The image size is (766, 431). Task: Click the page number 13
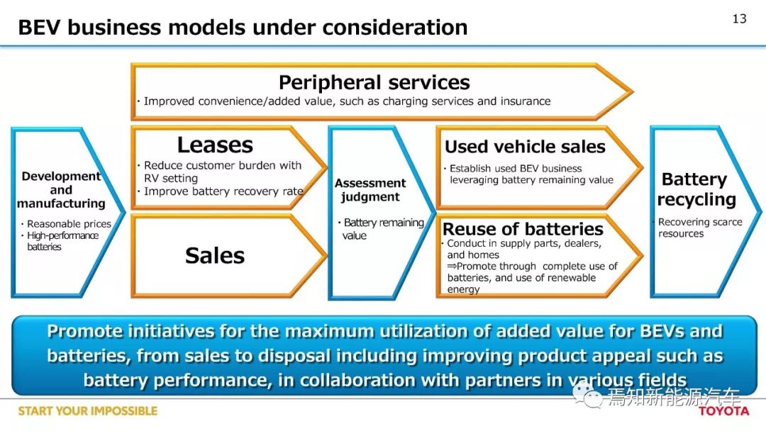(x=739, y=18)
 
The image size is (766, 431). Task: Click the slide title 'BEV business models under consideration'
(x=243, y=28)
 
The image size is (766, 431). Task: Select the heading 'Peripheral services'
(x=374, y=82)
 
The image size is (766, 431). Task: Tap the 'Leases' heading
(x=215, y=145)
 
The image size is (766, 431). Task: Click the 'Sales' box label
(x=215, y=255)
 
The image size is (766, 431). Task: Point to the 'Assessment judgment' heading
(x=370, y=190)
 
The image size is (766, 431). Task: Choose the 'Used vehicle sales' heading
(x=525, y=147)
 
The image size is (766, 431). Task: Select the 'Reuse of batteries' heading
(x=523, y=228)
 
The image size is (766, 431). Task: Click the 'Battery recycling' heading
(x=696, y=189)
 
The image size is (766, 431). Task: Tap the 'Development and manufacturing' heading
(x=61, y=189)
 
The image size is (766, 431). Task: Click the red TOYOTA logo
(x=723, y=411)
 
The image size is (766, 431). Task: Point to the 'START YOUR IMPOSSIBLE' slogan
(x=88, y=411)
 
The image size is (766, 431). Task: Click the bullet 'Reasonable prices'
(x=69, y=223)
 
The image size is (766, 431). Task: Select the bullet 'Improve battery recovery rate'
(x=223, y=191)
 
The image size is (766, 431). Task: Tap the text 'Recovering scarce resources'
(x=699, y=228)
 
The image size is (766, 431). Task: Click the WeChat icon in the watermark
(x=588, y=396)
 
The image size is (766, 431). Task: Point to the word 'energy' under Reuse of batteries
(x=463, y=289)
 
